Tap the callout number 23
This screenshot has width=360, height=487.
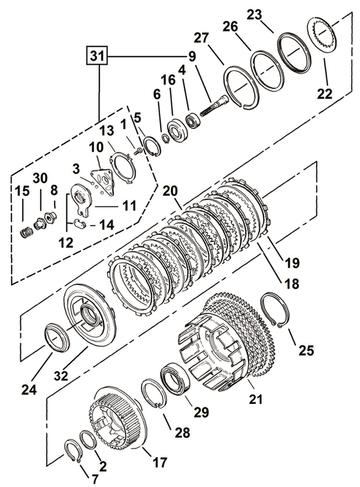[274, 15]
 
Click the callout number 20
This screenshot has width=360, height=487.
[170, 190]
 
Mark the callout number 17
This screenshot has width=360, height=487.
[159, 463]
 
